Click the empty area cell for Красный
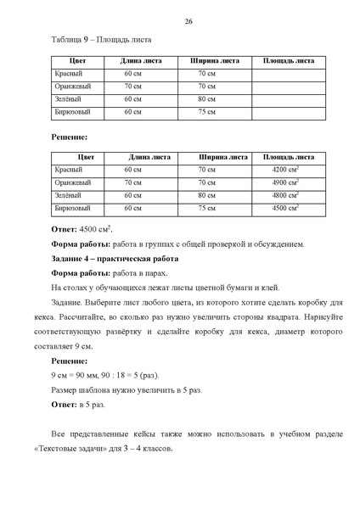coord(288,75)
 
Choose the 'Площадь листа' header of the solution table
coord(288,157)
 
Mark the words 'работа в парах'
coord(140,273)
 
